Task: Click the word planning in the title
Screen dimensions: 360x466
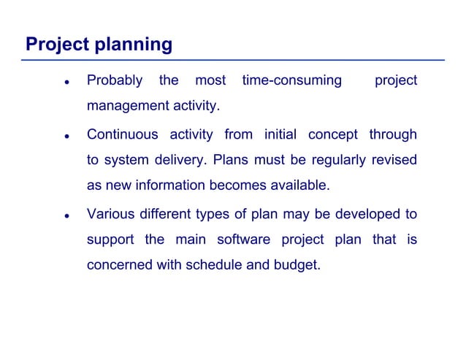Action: (133, 45)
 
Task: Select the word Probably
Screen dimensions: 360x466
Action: (115, 80)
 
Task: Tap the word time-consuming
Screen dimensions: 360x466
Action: (291, 80)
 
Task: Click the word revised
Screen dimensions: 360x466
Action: (394, 160)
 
